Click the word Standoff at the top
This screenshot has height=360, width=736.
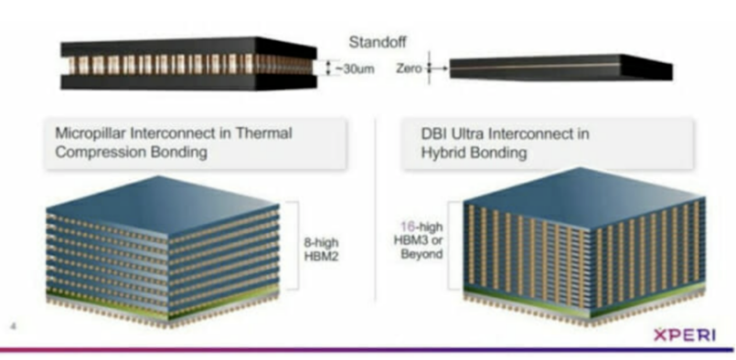(x=376, y=41)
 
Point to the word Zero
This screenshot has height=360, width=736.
(x=410, y=68)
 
